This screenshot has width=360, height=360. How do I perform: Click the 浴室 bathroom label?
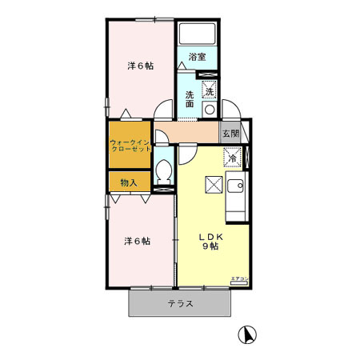197,56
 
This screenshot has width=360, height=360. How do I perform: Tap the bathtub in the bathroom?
198,34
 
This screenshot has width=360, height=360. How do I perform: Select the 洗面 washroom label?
190,99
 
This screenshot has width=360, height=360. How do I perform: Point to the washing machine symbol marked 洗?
209,91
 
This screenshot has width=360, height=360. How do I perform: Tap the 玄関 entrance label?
230,133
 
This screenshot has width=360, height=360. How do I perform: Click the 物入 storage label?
128,182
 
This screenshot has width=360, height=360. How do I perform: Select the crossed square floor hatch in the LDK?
214,185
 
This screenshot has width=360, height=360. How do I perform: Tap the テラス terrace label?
180,303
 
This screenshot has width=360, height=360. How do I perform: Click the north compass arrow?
249,336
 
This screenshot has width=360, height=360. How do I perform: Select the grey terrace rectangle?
180,302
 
